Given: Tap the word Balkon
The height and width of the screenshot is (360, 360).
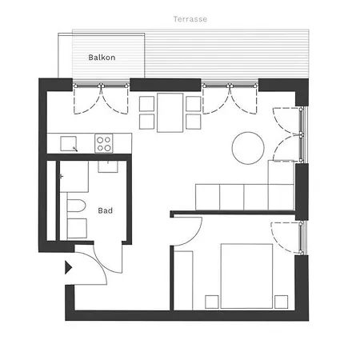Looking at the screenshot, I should click(102, 58).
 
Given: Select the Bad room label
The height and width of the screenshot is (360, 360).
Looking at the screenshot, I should click(105, 211).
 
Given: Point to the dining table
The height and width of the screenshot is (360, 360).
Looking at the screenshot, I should click(170, 111).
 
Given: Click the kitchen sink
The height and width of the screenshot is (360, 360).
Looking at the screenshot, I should click(70, 143).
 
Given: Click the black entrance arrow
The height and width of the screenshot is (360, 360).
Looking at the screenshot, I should click(69, 267).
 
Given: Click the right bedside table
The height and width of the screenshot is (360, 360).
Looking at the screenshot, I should click(280, 301).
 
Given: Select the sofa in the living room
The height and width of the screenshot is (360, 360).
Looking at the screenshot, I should click(244, 194).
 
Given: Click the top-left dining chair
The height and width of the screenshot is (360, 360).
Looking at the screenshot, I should click(146, 103).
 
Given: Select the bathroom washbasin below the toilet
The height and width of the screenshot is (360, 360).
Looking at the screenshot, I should click(77, 227).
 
